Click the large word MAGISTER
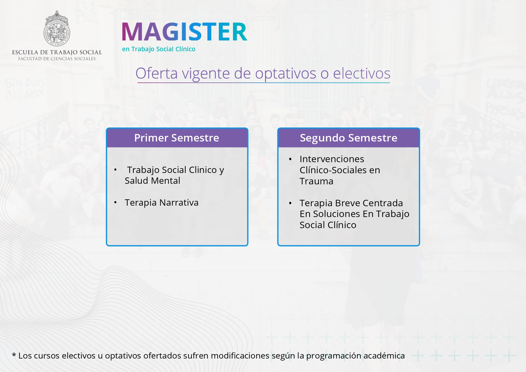[x=184, y=32]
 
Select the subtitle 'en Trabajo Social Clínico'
[x=159, y=49]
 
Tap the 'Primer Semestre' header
[x=177, y=138]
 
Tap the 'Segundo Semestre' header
[x=348, y=138]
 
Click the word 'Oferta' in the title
[x=157, y=73]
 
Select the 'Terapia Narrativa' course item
[x=162, y=203]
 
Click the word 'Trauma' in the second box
[x=316, y=181]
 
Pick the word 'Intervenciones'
[x=332, y=159]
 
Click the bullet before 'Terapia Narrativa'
[x=115, y=203]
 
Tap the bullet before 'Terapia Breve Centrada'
[x=290, y=203]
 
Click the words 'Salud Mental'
[x=152, y=181]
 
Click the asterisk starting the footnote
[x=14, y=355]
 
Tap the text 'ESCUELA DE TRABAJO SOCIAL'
[x=57, y=52]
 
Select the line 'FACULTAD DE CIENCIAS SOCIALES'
[x=57, y=59]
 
